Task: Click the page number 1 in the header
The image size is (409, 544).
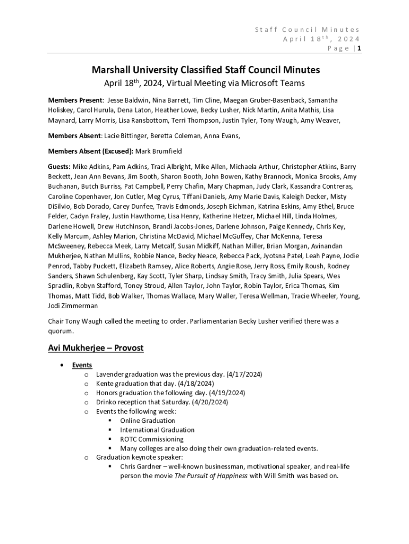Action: pyautogui.click(x=360, y=48)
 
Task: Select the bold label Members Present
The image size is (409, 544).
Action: pyautogui.click(x=75, y=100)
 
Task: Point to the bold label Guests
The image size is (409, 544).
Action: pyautogui.click(x=59, y=166)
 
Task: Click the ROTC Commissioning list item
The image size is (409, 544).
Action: pyautogui.click(x=152, y=439)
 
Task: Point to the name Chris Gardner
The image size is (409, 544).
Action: pyautogui.click(x=140, y=466)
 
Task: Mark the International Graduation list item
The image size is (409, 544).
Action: pyautogui.click(x=157, y=430)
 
